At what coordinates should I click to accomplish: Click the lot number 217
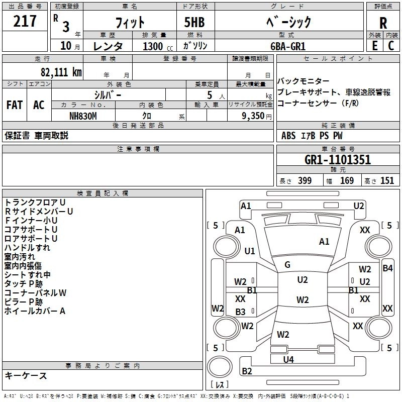coord(25,21)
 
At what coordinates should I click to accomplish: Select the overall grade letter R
coord(383,23)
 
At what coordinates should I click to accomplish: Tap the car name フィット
coord(131,22)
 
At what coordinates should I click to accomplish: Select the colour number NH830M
coord(83,116)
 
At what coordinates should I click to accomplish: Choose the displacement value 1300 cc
coord(157,46)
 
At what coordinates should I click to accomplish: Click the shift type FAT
coord(14,105)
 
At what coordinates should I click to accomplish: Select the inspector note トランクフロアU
coord(35,203)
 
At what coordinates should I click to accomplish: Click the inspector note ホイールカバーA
coord(35,311)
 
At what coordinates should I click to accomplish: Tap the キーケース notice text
coord(26,375)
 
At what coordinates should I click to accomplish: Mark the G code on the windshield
coord(287,265)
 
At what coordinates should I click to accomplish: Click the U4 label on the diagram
coord(288,359)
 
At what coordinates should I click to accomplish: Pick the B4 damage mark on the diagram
coord(387,268)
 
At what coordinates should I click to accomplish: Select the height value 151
coord(387,181)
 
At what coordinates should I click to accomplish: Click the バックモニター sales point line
coord(304,81)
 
